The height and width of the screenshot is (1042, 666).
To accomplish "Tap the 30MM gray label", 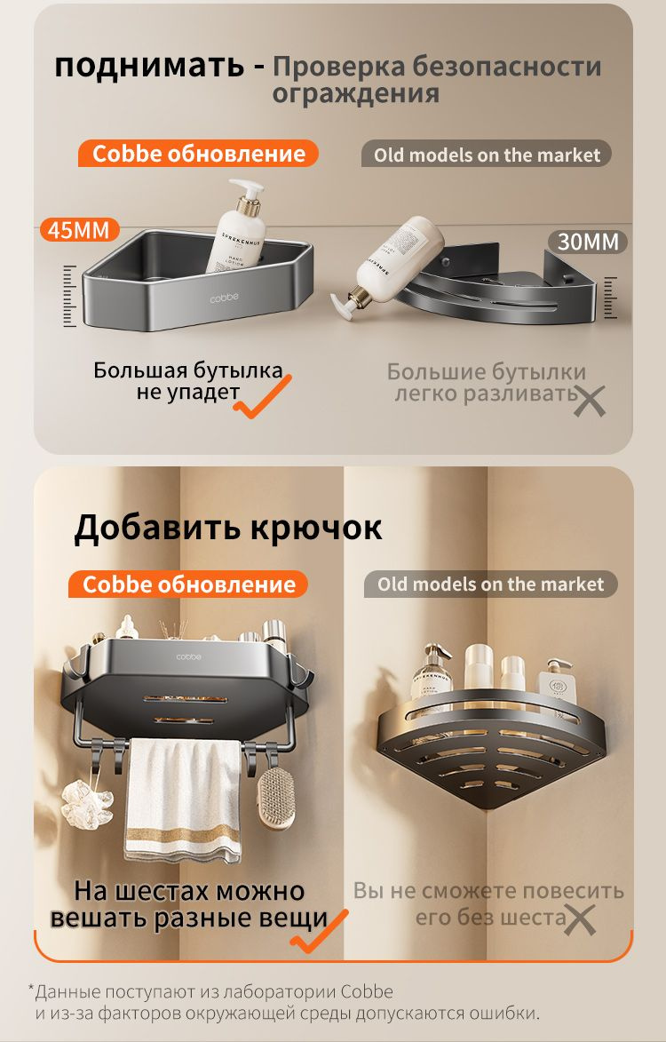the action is [x=588, y=242].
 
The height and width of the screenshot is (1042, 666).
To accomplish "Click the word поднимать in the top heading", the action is [x=149, y=67].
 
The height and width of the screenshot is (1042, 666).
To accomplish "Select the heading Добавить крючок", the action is [x=227, y=527].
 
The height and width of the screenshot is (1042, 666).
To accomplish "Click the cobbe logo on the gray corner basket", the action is [x=225, y=298].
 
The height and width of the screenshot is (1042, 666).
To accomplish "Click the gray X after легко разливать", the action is [x=589, y=401].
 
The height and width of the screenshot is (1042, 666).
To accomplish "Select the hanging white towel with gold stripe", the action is [x=183, y=800].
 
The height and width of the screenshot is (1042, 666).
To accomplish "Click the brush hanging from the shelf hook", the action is [x=275, y=798].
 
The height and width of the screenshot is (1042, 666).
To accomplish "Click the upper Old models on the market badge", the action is [x=486, y=155].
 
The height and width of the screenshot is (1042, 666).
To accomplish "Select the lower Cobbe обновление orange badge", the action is [x=188, y=585].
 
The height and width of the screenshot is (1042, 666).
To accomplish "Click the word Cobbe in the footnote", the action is [x=368, y=992].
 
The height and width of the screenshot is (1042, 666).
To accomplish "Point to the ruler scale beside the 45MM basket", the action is [x=70, y=296].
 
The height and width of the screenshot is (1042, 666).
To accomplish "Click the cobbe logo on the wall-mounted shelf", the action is [x=188, y=657].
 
